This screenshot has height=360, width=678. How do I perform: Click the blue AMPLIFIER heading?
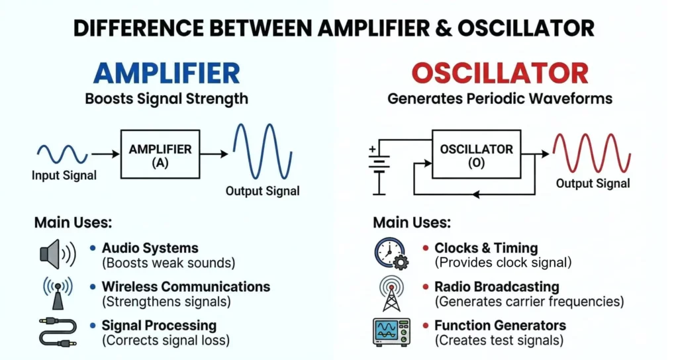point(166,73)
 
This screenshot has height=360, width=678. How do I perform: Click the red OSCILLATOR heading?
point(499,73)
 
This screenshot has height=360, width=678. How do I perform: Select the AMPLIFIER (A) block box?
point(160,154)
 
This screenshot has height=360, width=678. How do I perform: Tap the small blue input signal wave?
point(62,154)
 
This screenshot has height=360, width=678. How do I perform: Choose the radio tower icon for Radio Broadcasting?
point(391,292)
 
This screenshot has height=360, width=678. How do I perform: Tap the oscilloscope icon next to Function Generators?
point(391,332)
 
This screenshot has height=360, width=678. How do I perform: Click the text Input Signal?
point(64,176)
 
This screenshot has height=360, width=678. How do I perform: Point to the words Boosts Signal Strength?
point(166,99)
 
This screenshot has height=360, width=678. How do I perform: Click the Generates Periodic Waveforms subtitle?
point(499,99)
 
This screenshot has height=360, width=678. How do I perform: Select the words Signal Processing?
point(159,326)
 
